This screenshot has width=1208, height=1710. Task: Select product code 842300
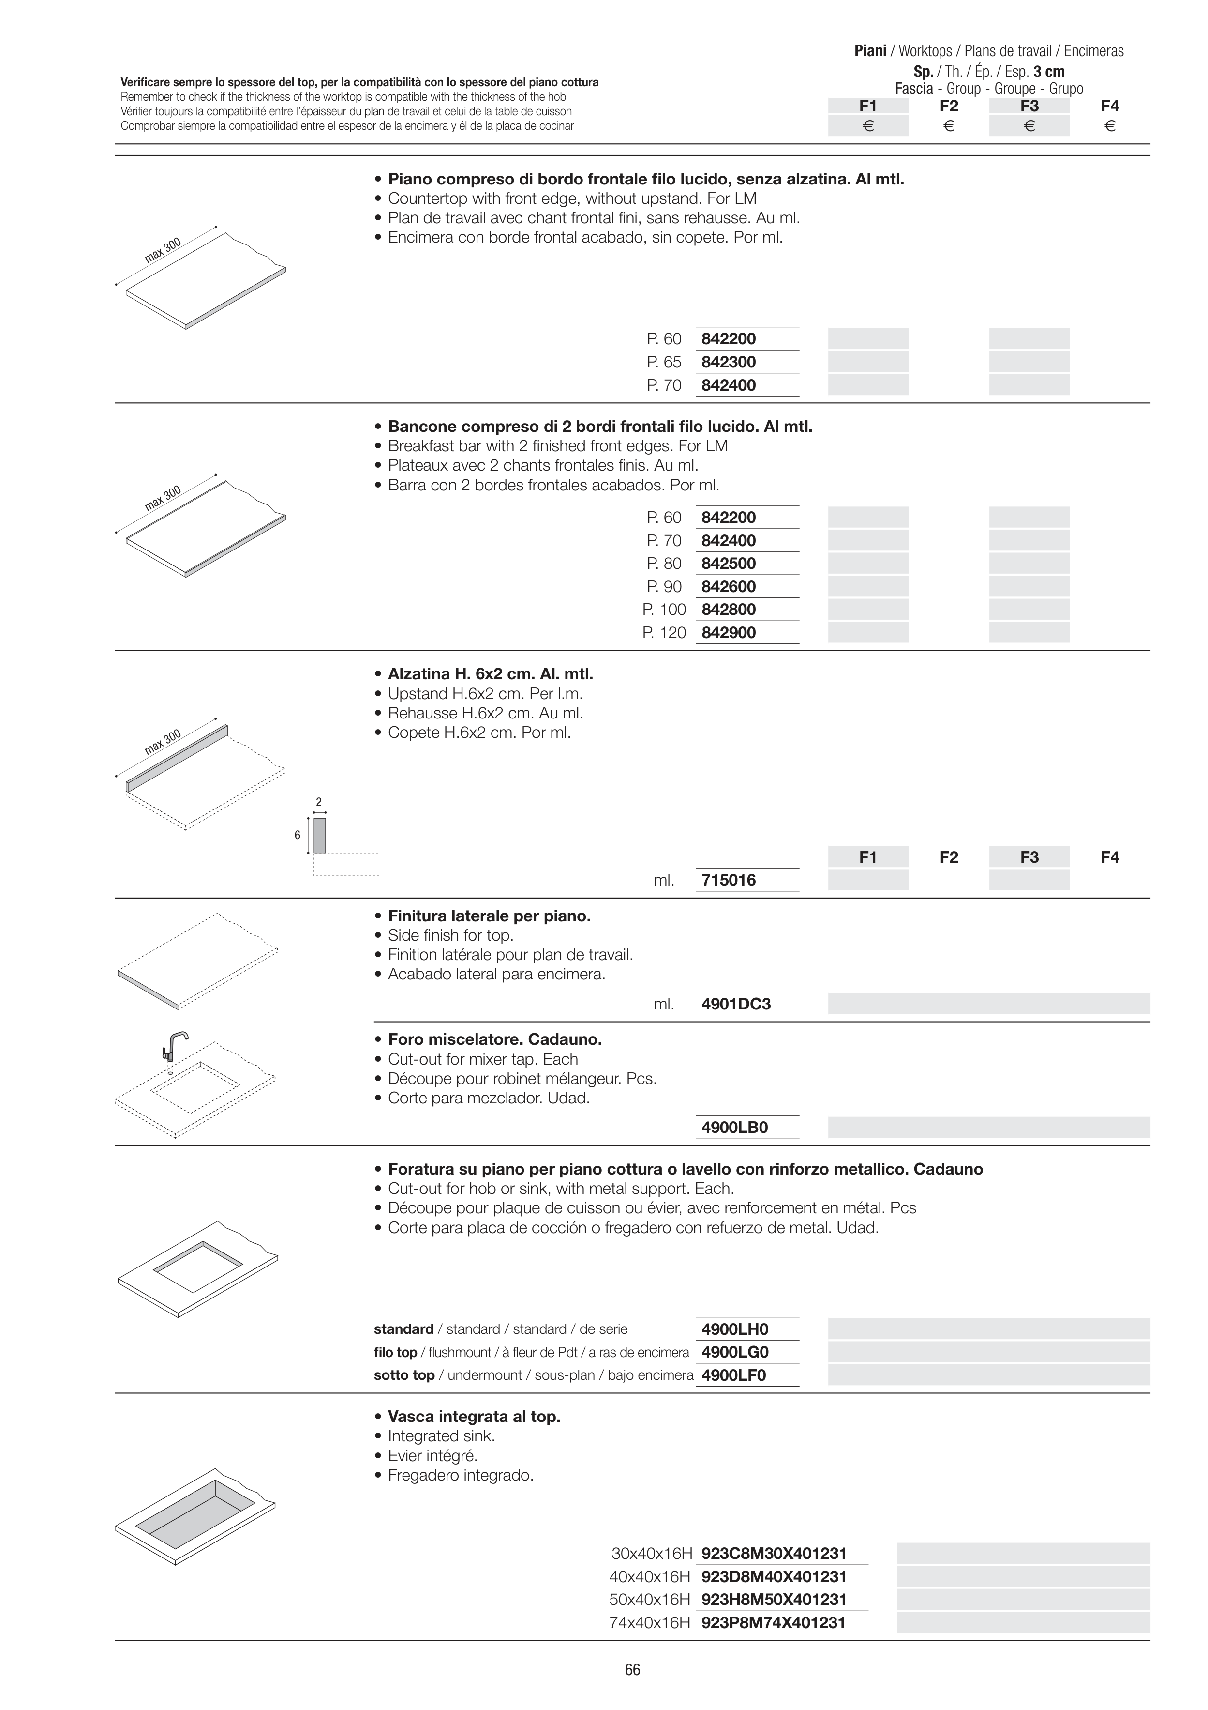click(x=728, y=362)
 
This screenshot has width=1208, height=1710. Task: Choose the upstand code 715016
click(x=728, y=880)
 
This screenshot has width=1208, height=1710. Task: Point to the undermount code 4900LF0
click(x=733, y=1375)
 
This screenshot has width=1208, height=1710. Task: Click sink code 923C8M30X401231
click(x=774, y=1554)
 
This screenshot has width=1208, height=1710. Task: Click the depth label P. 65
click(x=664, y=362)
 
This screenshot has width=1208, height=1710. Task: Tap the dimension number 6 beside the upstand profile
click(x=298, y=835)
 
